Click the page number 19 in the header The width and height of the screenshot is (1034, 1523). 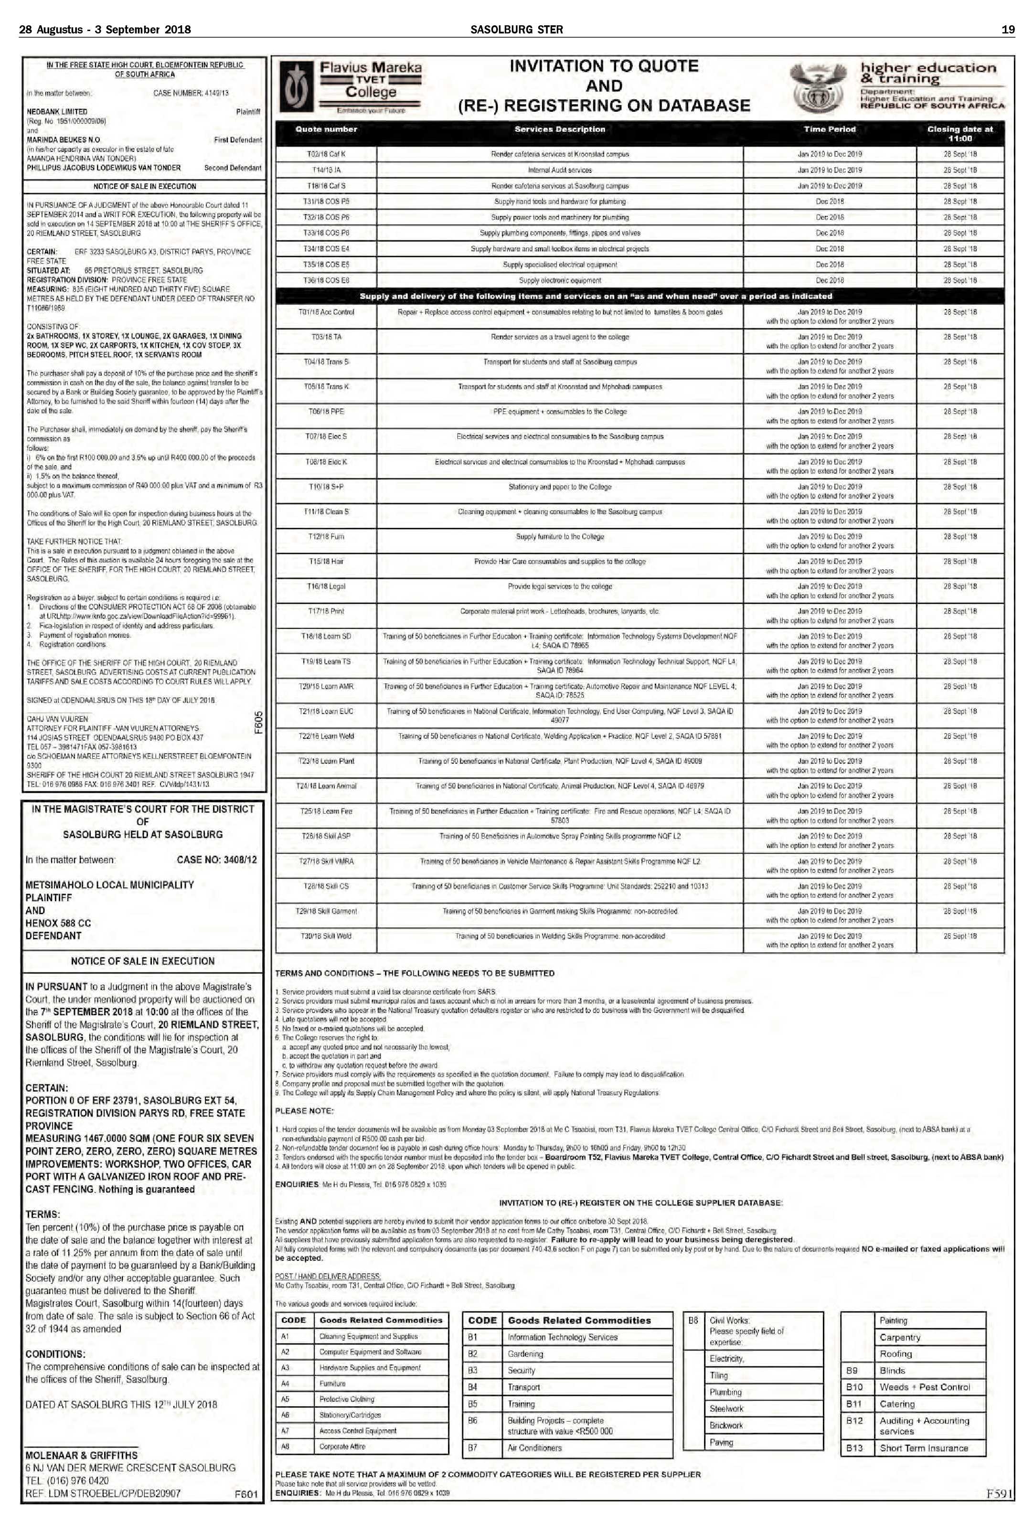(1008, 30)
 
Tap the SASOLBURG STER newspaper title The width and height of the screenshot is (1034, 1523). (516, 30)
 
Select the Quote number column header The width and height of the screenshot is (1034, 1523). (326, 129)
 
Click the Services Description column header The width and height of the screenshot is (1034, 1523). (560, 129)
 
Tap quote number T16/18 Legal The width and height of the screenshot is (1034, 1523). (326, 586)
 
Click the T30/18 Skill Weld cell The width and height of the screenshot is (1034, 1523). (326, 937)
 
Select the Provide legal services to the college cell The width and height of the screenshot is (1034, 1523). (560, 586)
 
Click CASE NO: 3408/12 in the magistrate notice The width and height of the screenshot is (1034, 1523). (217, 860)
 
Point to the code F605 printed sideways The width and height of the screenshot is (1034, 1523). (259, 724)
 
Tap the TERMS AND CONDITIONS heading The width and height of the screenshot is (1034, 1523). (414, 974)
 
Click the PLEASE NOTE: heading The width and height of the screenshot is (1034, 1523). (304, 1111)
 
